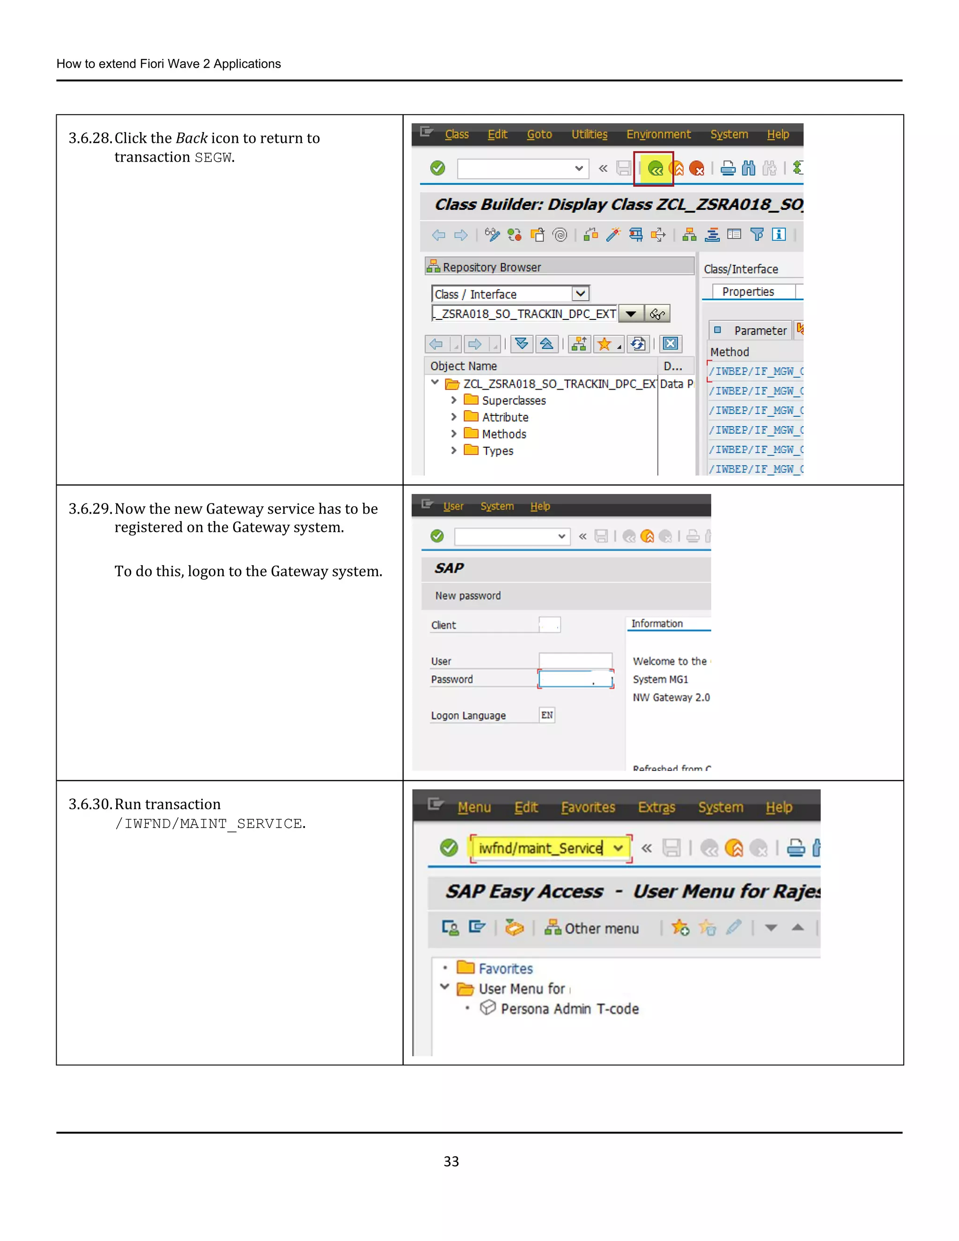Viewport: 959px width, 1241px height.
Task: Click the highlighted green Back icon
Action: point(655,169)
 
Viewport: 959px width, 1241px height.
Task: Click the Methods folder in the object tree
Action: point(503,434)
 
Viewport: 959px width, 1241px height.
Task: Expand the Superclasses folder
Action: point(453,400)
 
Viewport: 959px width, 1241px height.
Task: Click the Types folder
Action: point(497,451)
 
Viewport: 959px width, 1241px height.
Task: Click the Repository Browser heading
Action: point(491,267)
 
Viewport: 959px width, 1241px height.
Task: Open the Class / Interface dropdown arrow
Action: point(580,294)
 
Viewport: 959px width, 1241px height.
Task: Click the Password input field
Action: point(575,679)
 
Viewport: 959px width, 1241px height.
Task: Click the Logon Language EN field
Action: point(546,716)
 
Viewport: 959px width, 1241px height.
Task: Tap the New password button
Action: point(468,596)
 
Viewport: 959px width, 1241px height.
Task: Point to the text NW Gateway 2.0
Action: point(671,698)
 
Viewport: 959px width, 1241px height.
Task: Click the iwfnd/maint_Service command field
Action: point(540,849)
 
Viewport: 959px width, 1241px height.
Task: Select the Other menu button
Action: point(591,929)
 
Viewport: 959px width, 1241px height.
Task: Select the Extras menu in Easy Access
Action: point(656,807)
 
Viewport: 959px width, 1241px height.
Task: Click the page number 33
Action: point(451,1161)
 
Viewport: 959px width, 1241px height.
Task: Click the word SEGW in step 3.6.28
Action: point(213,158)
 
